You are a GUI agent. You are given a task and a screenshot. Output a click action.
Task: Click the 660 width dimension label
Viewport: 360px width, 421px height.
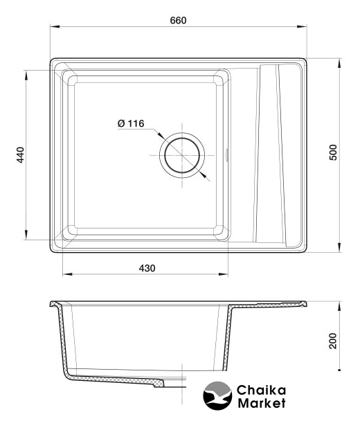pyautogui.click(x=178, y=20)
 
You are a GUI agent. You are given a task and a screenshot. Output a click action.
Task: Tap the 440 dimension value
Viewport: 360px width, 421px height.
pyautogui.click(x=20, y=155)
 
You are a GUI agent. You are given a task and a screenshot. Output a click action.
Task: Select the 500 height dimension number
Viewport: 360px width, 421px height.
pyautogui.click(x=333, y=152)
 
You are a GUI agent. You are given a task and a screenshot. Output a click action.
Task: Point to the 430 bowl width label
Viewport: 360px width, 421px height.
pyautogui.click(x=147, y=268)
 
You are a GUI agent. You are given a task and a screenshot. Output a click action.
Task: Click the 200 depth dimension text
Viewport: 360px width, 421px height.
pyautogui.click(x=333, y=341)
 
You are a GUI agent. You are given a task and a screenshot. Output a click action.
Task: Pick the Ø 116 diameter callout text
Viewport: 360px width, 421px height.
pyautogui.click(x=131, y=123)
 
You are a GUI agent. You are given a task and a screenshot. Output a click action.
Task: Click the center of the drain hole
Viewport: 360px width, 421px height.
pyautogui.click(x=182, y=155)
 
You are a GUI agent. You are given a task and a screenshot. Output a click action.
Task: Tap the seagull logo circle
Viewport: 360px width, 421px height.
pyautogui.click(x=217, y=395)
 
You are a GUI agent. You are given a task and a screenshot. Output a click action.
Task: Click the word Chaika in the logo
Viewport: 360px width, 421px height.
pyautogui.click(x=261, y=390)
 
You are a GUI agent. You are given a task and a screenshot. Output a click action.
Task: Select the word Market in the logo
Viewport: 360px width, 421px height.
pyautogui.click(x=262, y=403)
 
